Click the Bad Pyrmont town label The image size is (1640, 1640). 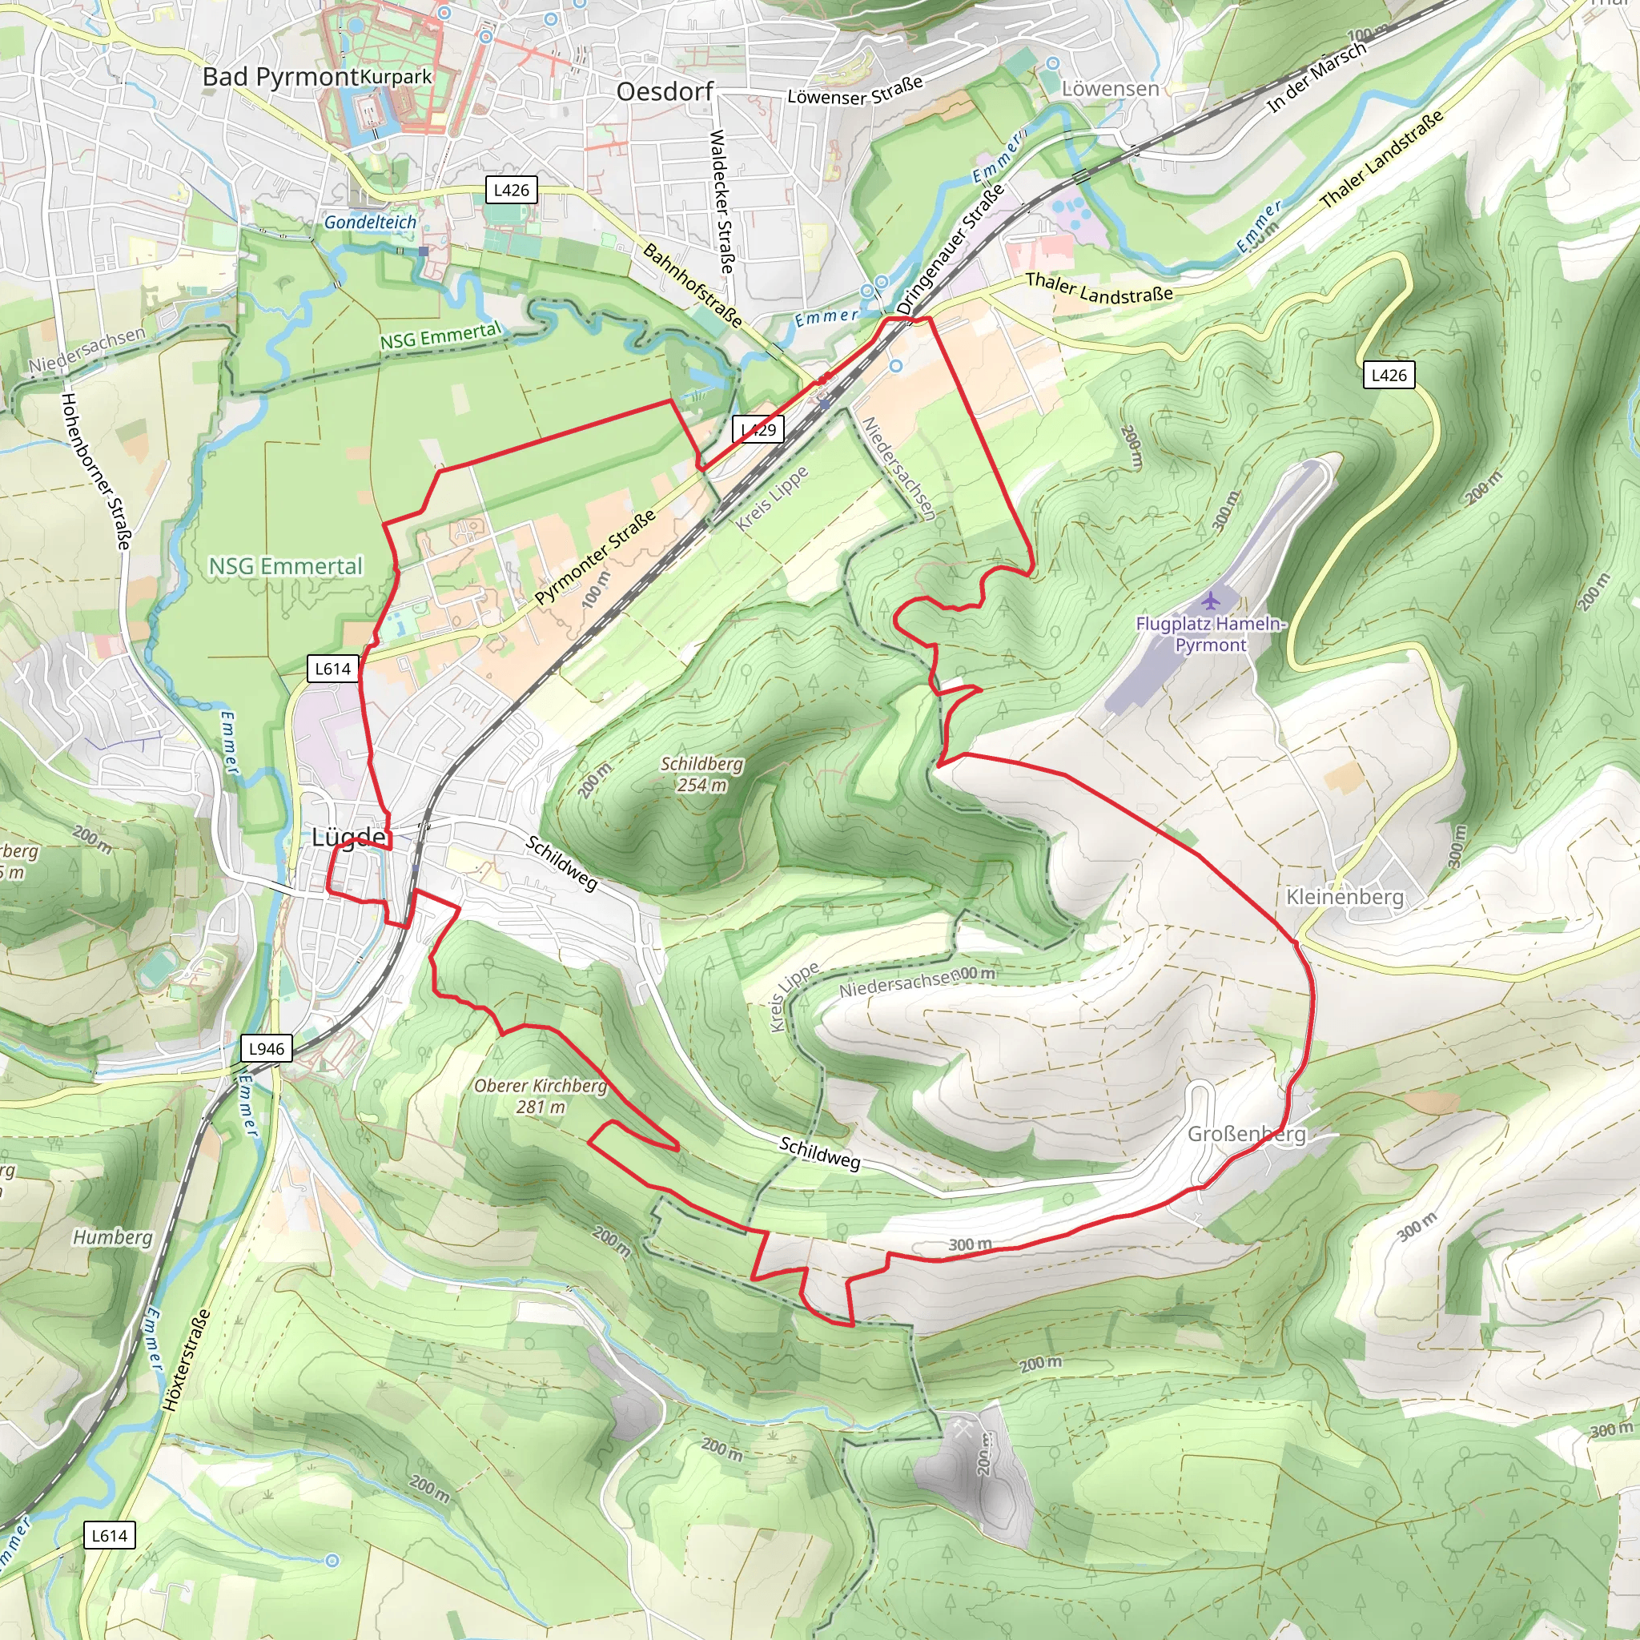[280, 77]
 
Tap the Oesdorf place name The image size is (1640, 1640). [665, 91]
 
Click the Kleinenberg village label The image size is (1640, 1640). [1345, 897]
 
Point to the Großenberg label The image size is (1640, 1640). [1245, 1134]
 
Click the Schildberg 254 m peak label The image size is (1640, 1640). [701, 774]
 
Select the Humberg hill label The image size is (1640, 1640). [112, 1238]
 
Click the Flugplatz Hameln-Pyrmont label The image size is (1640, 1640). [1211, 634]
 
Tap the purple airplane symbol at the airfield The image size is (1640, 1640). [1211, 602]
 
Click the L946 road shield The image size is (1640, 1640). [267, 1048]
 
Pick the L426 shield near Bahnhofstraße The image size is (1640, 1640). [511, 190]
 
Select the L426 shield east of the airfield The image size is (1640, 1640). [1389, 376]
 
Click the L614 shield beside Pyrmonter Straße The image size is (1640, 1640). [333, 669]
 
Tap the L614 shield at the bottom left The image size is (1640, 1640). [110, 1536]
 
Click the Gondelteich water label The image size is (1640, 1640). [370, 223]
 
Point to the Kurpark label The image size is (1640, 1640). [396, 76]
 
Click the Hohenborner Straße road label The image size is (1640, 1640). [96, 470]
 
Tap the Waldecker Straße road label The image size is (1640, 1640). [721, 201]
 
